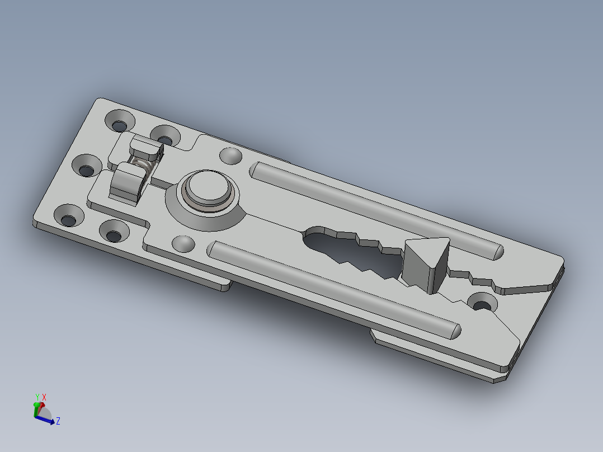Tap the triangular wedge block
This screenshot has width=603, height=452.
[x=427, y=263]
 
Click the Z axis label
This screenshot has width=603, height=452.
[x=58, y=421]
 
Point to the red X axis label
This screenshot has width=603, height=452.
[x=44, y=397]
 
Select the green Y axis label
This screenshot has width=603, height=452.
[x=37, y=397]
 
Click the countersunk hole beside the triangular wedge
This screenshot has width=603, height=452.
[x=482, y=303]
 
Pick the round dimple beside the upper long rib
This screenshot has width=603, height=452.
[x=230, y=156]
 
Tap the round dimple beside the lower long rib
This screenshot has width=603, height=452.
[x=183, y=244]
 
